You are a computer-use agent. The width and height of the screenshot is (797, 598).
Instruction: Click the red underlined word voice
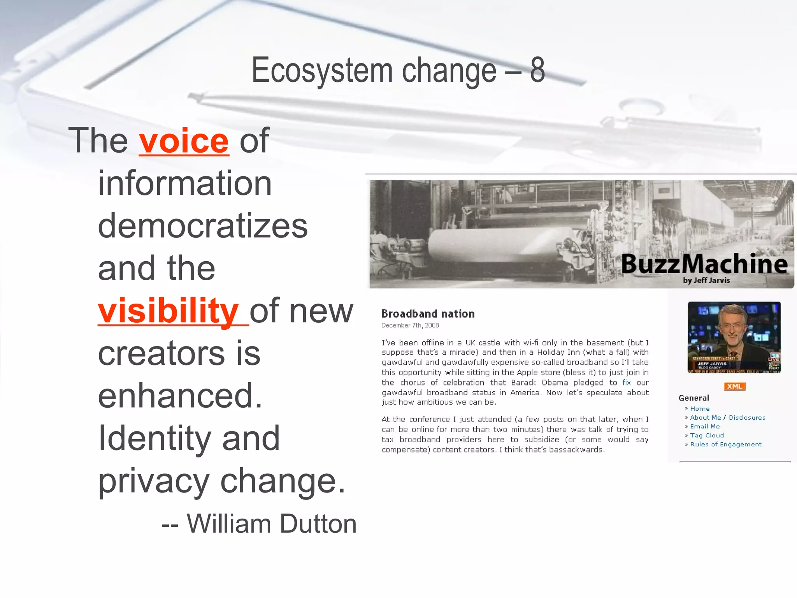click(184, 141)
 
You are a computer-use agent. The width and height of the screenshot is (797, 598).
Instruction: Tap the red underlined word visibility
click(168, 311)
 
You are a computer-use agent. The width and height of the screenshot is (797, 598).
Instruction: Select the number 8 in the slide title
click(537, 70)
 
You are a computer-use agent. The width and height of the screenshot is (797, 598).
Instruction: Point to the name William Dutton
click(272, 524)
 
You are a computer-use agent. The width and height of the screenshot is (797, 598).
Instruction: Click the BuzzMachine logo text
click(704, 264)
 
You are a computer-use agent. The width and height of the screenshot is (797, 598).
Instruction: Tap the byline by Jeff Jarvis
click(706, 280)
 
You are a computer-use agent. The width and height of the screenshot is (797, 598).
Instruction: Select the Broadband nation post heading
click(428, 314)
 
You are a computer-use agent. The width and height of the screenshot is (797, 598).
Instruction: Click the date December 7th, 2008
click(410, 325)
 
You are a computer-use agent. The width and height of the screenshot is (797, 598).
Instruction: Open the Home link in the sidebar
click(700, 409)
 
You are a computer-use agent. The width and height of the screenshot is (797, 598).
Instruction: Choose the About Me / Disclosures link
click(727, 418)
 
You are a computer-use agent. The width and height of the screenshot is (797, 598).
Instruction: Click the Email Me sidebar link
click(705, 427)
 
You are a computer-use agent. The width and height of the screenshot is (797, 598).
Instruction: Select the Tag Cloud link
click(707, 436)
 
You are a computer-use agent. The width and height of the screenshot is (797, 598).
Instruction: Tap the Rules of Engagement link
click(725, 445)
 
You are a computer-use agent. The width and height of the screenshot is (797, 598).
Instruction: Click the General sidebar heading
click(693, 398)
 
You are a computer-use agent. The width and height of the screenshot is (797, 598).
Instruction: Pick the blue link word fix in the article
click(626, 383)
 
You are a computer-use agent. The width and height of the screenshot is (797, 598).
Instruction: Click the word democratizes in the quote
click(202, 226)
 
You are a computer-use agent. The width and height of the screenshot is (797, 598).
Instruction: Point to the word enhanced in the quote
click(180, 396)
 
